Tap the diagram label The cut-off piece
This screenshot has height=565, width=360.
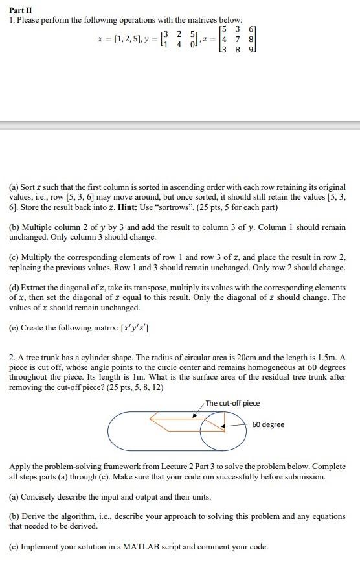pos(232,403)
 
